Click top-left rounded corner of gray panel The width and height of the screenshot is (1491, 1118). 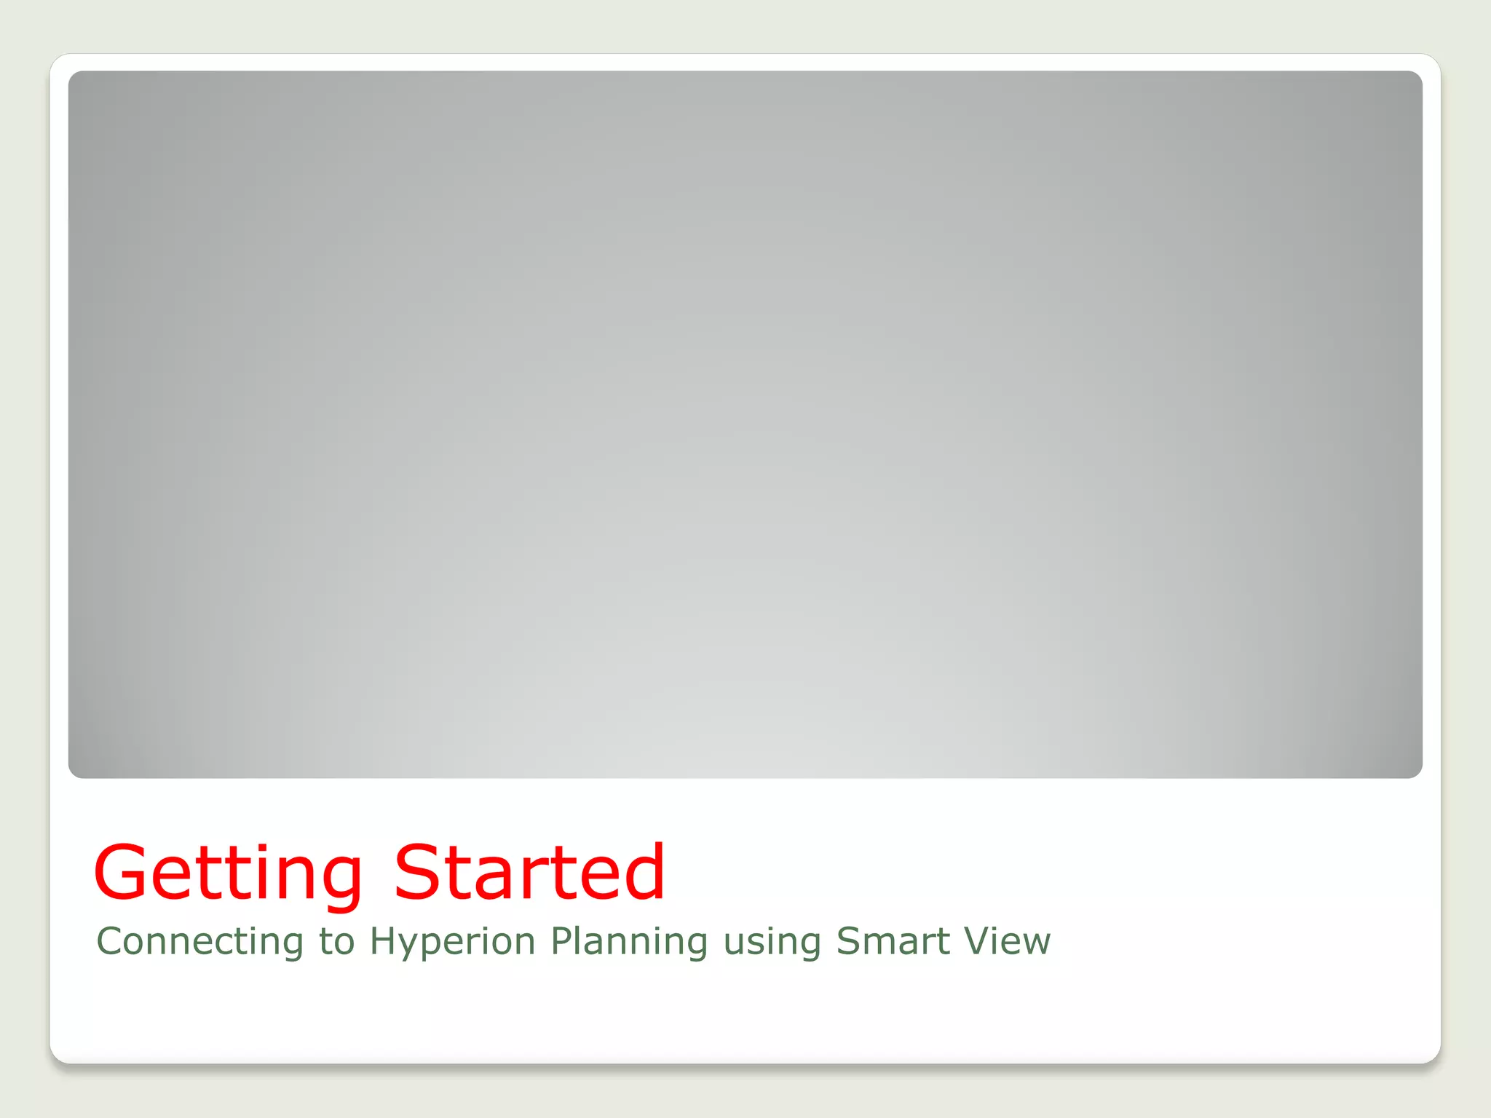[x=74, y=76]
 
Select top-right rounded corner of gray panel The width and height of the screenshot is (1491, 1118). [x=1417, y=76]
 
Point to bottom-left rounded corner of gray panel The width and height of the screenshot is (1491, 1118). [x=74, y=773]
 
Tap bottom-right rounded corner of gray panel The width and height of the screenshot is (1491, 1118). [x=1417, y=773]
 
